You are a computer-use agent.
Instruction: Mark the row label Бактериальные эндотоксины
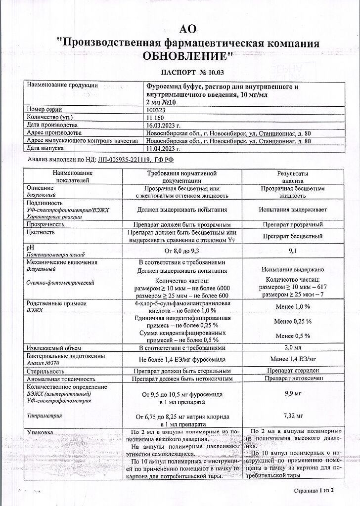click(63, 356)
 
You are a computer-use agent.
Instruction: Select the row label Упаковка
click(41, 432)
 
